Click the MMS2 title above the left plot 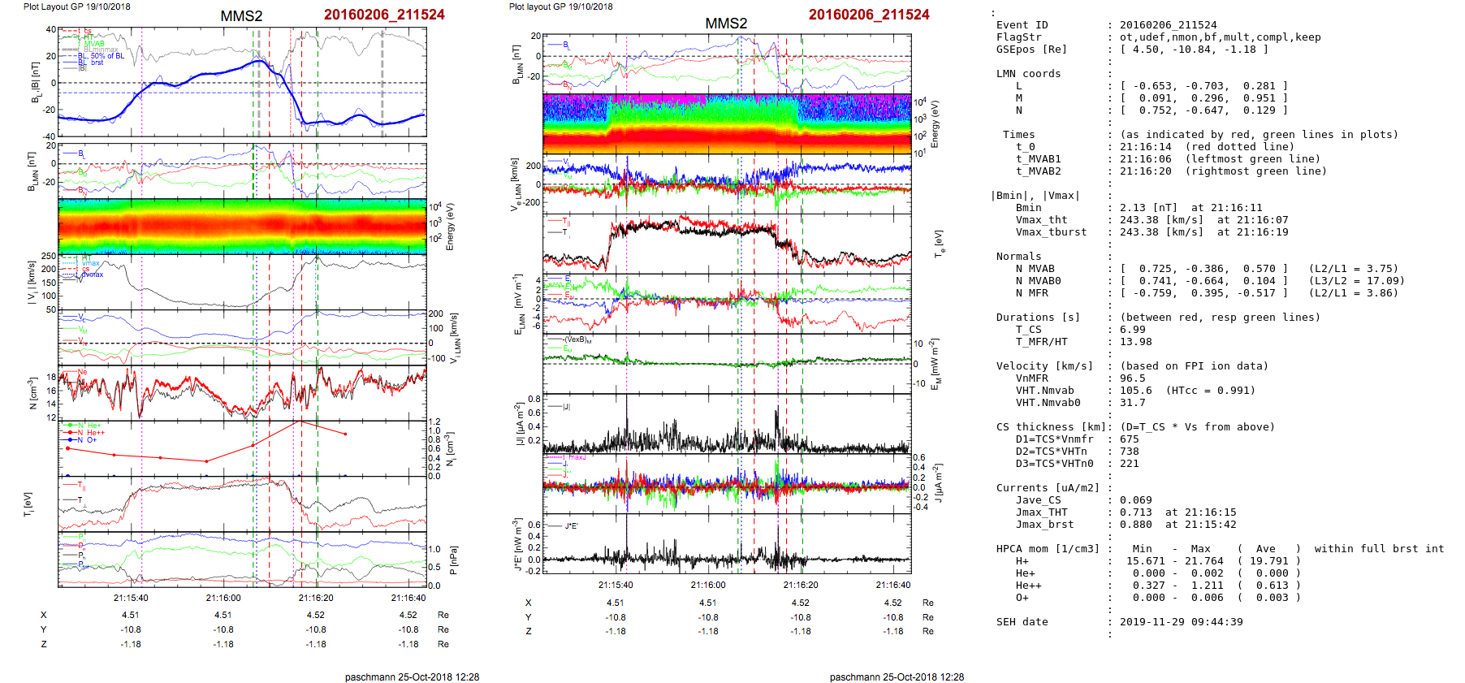click(x=241, y=16)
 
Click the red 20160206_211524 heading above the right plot click(x=869, y=15)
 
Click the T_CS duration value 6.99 click(x=1132, y=330)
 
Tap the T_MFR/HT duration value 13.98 click(x=1135, y=342)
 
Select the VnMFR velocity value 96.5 click(x=1132, y=378)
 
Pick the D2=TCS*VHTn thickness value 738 click(x=1129, y=452)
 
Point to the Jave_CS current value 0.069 click(x=1135, y=500)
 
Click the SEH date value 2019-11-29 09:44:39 click(x=1181, y=622)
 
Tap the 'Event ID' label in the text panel click(x=1022, y=25)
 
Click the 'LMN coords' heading click(x=1028, y=74)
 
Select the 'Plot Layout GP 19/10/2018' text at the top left click(x=76, y=6)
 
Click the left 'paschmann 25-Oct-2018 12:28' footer click(x=412, y=677)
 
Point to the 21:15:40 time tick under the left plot click(x=131, y=598)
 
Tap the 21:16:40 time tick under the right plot click(x=892, y=585)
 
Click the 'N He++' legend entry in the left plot click(x=90, y=433)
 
